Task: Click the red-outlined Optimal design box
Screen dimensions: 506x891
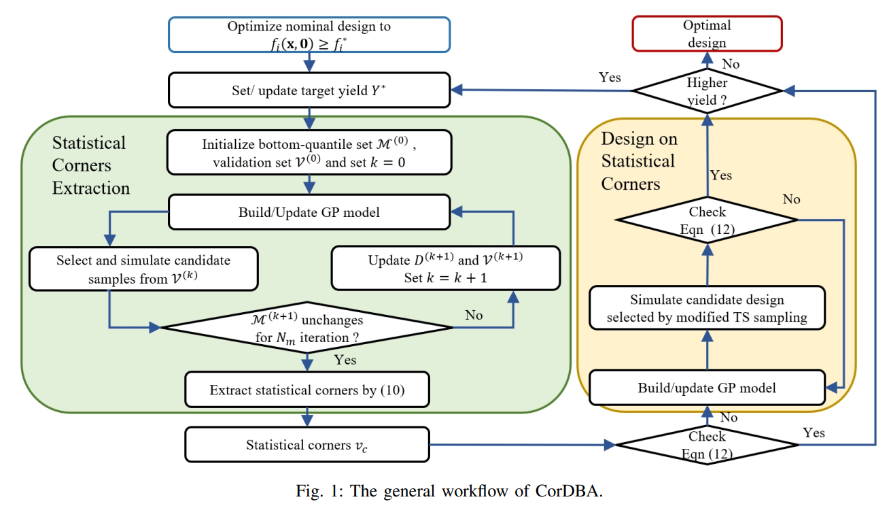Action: (707, 34)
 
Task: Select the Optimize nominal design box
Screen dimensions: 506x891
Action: (309, 35)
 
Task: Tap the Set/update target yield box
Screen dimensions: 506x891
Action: (309, 90)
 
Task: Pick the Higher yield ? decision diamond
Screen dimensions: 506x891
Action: (707, 91)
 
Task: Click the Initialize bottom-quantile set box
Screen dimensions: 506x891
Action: (309, 154)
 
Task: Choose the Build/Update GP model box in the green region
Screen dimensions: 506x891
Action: (309, 212)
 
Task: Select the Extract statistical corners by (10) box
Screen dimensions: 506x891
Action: (307, 390)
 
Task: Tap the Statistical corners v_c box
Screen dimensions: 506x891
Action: (307, 445)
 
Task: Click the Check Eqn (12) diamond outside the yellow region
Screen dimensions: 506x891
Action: (707, 445)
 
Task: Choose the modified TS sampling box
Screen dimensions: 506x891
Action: (707, 308)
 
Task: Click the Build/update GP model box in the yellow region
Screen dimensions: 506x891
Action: (707, 388)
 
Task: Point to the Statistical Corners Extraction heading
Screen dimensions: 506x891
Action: (90, 165)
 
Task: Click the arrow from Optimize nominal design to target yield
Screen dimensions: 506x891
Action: (309, 62)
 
